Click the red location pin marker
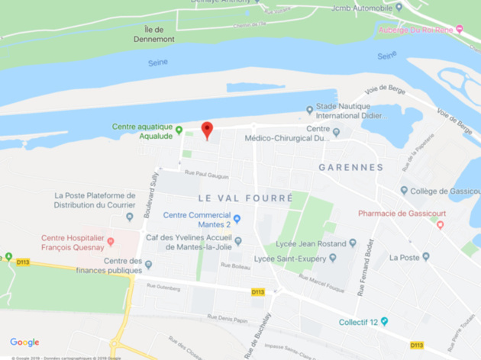pos(206,129)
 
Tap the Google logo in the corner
pos(24,342)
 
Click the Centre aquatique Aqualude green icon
pos(179,130)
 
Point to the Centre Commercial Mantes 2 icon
pos(237,220)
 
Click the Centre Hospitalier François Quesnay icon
pos(111,242)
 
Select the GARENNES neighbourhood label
pos(350,167)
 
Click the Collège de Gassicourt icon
pos(404,191)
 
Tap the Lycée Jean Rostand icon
pos(352,243)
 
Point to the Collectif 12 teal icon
pos(385,321)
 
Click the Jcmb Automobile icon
pos(399,8)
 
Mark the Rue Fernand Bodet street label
pos(364,260)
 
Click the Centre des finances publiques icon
pos(148,265)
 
